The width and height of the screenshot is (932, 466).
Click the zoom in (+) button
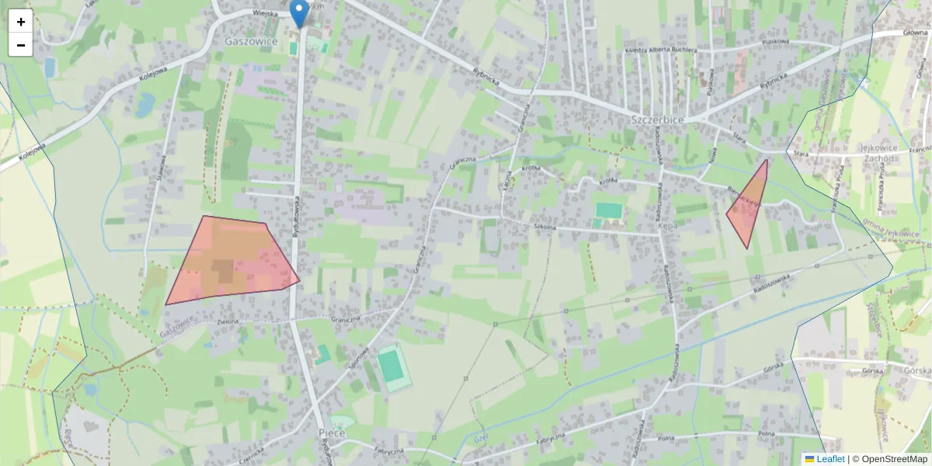21,22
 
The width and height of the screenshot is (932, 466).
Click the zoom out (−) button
21,45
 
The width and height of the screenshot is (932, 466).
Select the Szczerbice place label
657,120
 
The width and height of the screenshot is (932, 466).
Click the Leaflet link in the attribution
830,459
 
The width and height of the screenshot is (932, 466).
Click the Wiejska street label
265,13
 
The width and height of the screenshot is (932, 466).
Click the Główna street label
915,33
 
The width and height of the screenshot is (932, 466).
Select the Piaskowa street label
775,42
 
